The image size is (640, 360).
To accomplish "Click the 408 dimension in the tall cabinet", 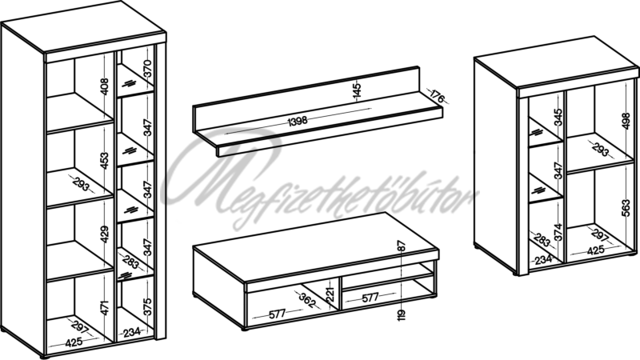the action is [x=105, y=86].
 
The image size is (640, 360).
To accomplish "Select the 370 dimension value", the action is [x=147, y=68].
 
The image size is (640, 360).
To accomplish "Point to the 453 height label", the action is [x=105, y=161].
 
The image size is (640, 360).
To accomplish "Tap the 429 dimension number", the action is [x=105, y=234].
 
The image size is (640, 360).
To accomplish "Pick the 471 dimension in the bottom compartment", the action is [x=105, y=308].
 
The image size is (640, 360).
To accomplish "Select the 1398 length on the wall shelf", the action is [x=297, y=122].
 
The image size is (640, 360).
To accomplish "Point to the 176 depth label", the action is [x=437, y=96].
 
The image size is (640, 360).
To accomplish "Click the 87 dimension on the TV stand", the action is [x=402, y=246].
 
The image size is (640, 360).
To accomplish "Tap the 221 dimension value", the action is [x=330, y=294].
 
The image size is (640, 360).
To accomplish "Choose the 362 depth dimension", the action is [x=307, y=300].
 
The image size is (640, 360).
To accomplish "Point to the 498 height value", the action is [x=626, y=121].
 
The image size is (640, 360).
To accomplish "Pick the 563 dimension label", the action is [x=626, y=208].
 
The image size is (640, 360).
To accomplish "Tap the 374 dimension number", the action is [x=558, y=232].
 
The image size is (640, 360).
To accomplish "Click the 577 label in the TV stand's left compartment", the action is [x=277, y=314].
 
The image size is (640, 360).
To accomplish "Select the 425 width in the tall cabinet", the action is [x=74, y=342].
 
